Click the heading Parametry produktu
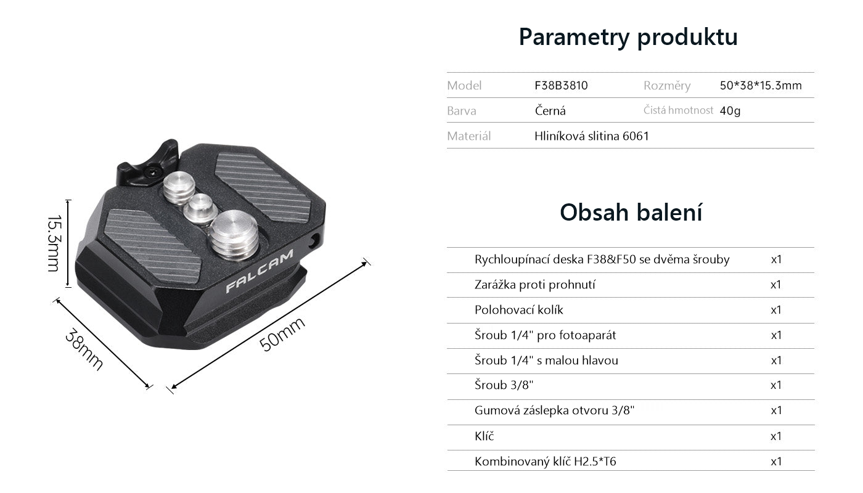[628, 37]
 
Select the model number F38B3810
[561, 85]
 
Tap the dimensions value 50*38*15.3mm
[761, 85]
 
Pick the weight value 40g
[730, 111]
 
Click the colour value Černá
[550, 110]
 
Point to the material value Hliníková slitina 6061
[591, 136]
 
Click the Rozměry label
[667, 85]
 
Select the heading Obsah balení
[631, 212]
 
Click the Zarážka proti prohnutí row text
[535, 285]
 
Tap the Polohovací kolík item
[518, 309]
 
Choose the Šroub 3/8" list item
[504, 385]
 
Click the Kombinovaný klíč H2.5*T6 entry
[545, 461]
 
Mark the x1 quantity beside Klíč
[776, 436]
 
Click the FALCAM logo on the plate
[260, 271]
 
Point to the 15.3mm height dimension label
[54, 243]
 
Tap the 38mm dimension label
[84, 349]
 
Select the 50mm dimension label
[282, 333]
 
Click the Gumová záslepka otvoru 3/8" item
[554, 410]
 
